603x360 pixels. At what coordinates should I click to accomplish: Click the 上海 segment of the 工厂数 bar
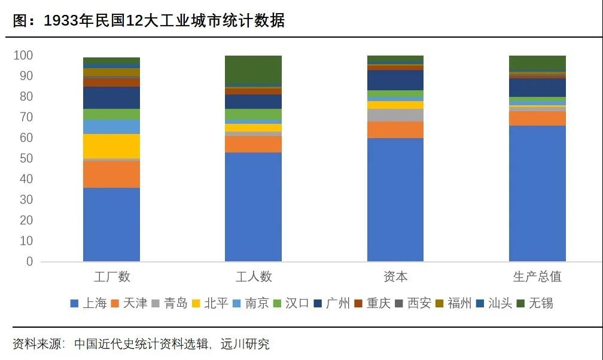tap(111, 224)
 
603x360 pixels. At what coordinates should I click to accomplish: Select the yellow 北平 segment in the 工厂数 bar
tap(111, 146)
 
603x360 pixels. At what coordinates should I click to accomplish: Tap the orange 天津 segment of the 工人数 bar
tap(253, 144)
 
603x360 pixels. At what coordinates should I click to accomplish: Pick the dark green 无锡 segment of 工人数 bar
tap(253, 69)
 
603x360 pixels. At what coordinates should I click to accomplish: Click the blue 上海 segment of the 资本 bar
tap(395, 200)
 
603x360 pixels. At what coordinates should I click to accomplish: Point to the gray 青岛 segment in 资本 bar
tap(395, 115)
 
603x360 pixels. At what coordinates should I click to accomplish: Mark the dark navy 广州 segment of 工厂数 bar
tap(111, 97)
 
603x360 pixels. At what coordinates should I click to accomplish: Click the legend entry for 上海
tap(89, 303)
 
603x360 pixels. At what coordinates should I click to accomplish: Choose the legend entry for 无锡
tap(535, 303)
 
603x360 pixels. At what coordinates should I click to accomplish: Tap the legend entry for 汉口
tap(291, 303)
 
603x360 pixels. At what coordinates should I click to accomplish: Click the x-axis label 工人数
tap(253, 277)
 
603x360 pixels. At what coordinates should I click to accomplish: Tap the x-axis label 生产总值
tap(537, 277)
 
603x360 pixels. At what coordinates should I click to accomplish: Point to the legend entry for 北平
tap(210, 303)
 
